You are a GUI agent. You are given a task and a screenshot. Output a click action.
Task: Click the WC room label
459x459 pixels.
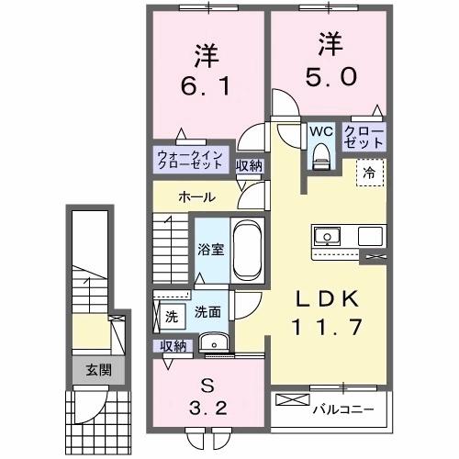(x=319, y=130)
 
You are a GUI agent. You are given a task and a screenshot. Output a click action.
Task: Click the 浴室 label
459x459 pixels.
(x=209, y=249)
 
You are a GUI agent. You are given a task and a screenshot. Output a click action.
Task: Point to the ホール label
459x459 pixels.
(x=197, y=196)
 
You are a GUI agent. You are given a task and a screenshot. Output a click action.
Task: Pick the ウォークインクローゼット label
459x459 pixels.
(x=190, y=160)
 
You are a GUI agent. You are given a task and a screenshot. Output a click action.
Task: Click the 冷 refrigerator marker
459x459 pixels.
(x=369, y=170)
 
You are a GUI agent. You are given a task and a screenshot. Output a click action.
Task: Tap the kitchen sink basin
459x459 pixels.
(x=326, y=237)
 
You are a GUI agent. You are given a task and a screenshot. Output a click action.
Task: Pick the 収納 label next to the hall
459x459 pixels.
(x=249, y=166)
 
